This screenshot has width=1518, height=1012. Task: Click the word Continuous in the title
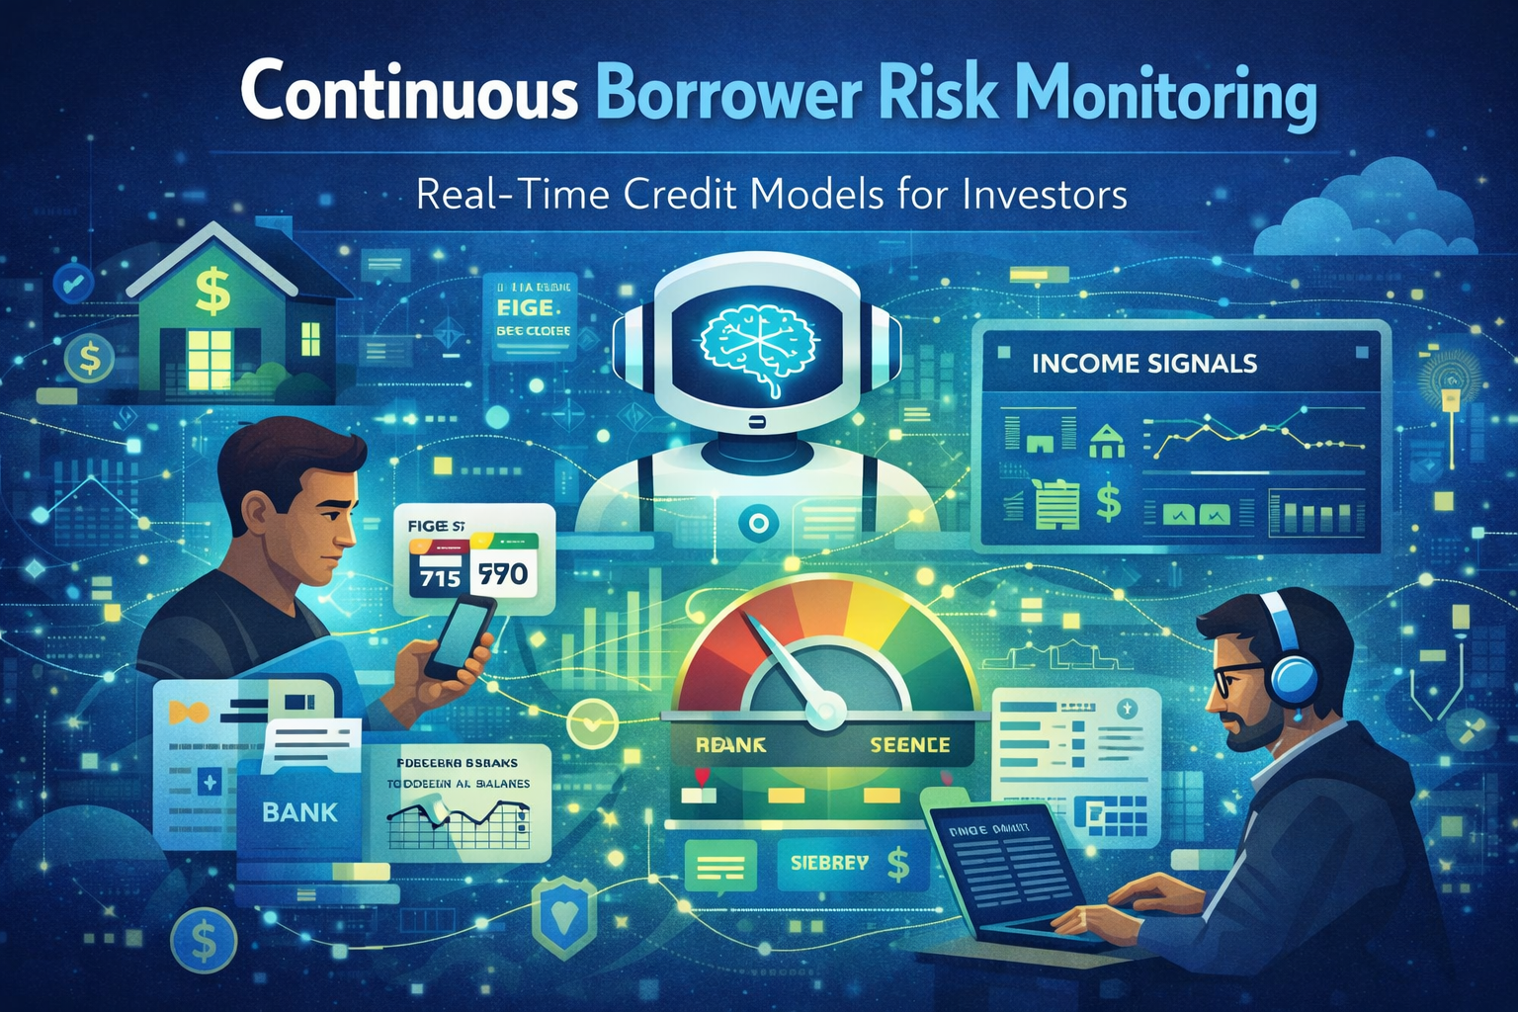[408, 95]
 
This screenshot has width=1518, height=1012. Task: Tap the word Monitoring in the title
[1165, 97]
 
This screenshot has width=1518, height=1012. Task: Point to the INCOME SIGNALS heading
[1143, 364]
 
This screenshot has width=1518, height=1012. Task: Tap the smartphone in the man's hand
[462, 637]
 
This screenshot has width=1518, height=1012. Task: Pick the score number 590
[503, 573]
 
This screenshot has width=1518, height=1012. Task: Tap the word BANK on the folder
[299, 812]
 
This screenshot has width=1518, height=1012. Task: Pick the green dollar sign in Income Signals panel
[1109, 501]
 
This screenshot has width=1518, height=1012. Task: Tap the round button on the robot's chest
[758, 522]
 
